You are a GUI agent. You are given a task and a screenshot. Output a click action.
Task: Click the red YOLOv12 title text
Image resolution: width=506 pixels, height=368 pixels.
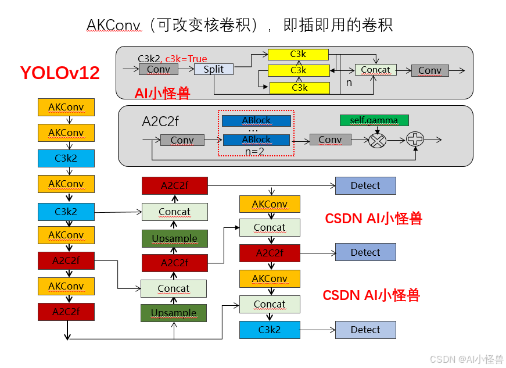pos(60,73)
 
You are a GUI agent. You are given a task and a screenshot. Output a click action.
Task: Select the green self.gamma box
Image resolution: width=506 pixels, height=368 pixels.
pos(374,120)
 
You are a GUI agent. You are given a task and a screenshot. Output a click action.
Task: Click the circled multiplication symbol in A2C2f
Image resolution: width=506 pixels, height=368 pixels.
pos(378,140)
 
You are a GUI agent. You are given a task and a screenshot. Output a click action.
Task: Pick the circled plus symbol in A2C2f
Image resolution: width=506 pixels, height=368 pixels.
pos(415,139)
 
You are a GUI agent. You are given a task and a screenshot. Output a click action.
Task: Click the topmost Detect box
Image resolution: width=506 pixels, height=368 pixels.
pos(365,186)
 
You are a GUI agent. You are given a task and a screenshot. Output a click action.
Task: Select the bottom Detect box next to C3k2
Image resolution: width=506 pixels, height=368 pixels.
pos(365,330)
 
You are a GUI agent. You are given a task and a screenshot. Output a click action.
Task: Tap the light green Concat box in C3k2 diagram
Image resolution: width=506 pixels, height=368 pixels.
pos(375,70)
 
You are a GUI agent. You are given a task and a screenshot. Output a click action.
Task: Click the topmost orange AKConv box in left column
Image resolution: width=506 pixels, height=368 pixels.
pos(66,108)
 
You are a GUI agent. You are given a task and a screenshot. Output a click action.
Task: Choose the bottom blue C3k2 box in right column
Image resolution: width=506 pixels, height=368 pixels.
pos(270,330)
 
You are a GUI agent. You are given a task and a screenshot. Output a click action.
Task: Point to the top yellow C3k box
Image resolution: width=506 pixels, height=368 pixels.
pos(298,55)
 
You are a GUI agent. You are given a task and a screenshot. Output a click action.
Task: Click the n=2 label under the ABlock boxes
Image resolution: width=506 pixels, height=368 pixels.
pos(253,151)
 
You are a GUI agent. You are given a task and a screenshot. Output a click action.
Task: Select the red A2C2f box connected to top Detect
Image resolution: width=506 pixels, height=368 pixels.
pos(174,186)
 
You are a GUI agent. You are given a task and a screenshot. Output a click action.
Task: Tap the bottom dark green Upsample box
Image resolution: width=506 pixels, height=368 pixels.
pos(174,313)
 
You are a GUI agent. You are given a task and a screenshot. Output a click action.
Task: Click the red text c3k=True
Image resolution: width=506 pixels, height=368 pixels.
pos(186,59)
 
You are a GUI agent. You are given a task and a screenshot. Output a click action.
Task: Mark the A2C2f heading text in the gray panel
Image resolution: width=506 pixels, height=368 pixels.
pos(160,122)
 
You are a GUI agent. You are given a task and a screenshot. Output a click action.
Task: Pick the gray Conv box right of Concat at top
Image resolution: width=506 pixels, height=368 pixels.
pos(429,70)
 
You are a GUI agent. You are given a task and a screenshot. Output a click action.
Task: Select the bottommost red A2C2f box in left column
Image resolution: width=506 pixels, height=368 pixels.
pos(66,312)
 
